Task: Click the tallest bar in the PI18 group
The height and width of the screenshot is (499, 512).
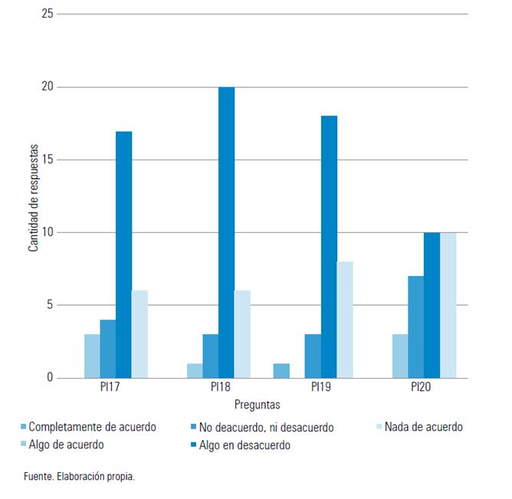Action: click(x=226, y=232)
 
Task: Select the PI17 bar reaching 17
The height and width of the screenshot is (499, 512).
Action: click(x=123, y=254)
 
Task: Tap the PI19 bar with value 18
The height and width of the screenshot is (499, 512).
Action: click(x=329, y=247)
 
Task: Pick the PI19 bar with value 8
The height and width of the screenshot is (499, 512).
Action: click(x=345, y=320)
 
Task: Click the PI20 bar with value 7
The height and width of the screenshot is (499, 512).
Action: click(x=415, y=327)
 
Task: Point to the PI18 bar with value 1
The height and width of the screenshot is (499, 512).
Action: click(x=195, y=370)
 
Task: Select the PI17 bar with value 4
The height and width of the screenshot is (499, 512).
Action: click(x=107, y=349)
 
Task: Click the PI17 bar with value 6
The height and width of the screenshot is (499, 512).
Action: click(x=139, y=334)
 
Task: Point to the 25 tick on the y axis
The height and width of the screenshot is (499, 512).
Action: click(x=48, y=15)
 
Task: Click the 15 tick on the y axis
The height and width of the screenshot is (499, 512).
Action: click(x=48, y=159)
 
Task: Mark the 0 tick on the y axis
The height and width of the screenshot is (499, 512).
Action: click(x=50, y=378)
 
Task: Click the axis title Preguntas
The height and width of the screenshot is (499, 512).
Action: click(x=258, y=404)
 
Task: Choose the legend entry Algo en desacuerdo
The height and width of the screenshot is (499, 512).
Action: click(x=245, y=445)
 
